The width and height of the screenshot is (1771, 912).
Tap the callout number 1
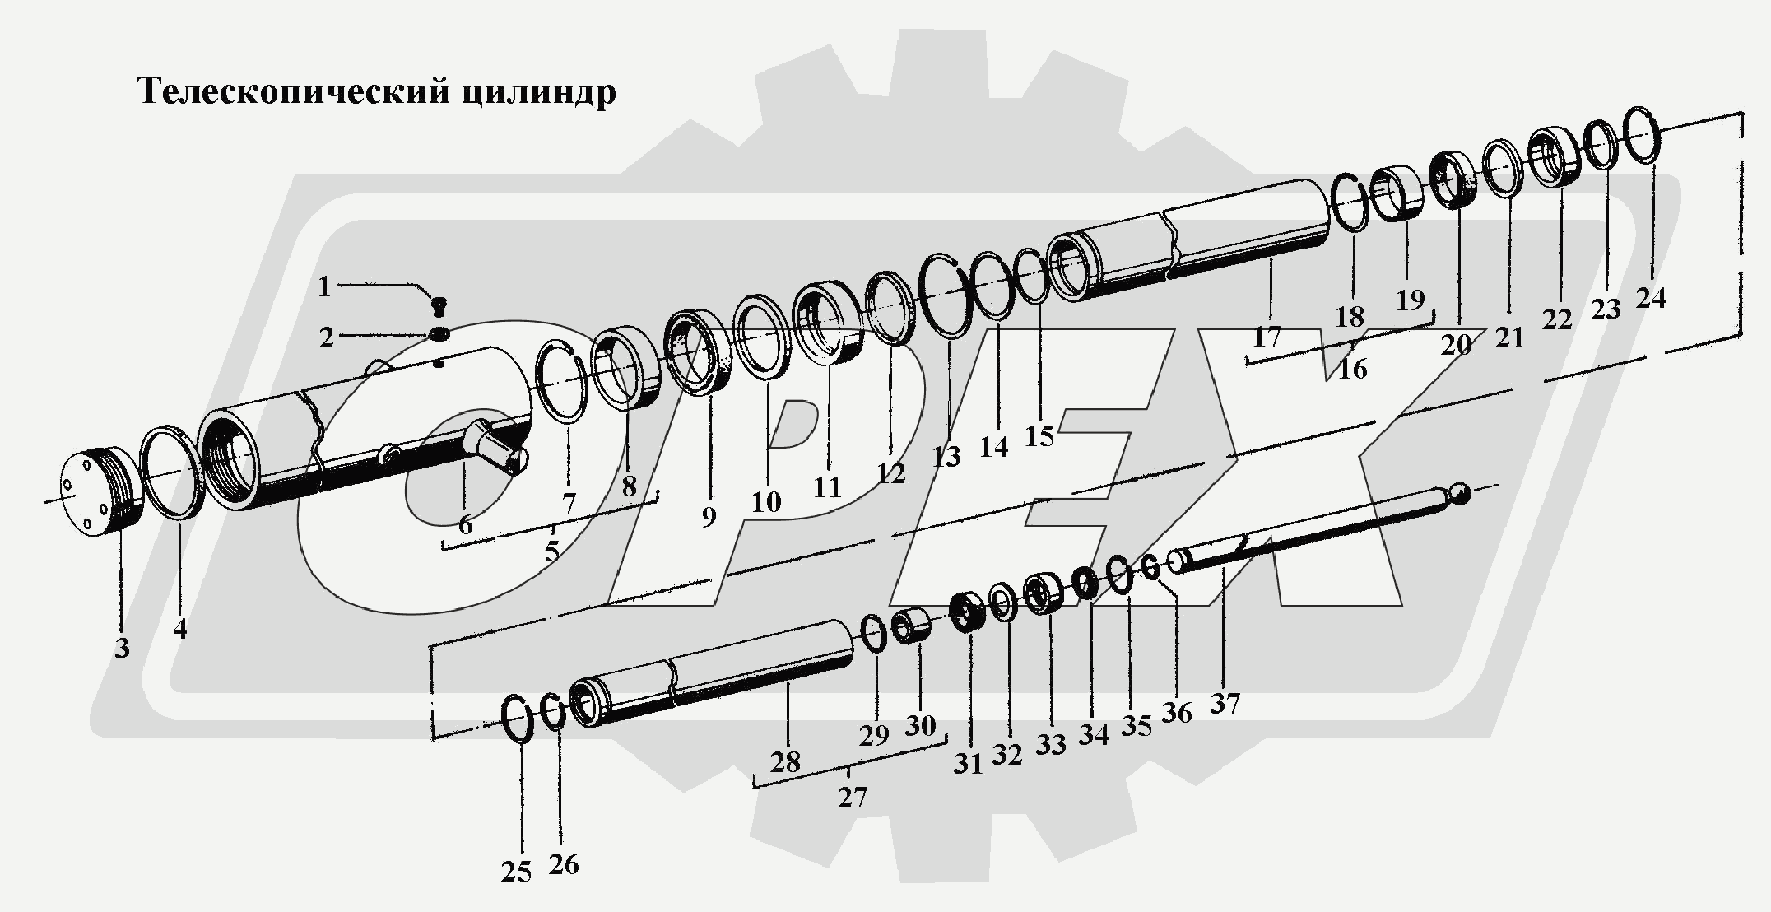point(324,287)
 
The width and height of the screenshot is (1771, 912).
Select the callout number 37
point(1225,705)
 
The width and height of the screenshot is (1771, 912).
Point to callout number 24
point(1650,298)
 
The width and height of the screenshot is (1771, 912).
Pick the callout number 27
point(852,798)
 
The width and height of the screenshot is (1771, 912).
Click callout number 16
point(1352,369)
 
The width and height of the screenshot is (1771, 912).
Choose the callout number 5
point(551,550)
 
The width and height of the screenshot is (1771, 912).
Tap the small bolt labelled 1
point(438,307)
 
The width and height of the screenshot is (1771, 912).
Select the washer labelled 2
point(439,334)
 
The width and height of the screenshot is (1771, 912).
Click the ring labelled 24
point(1643,135)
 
